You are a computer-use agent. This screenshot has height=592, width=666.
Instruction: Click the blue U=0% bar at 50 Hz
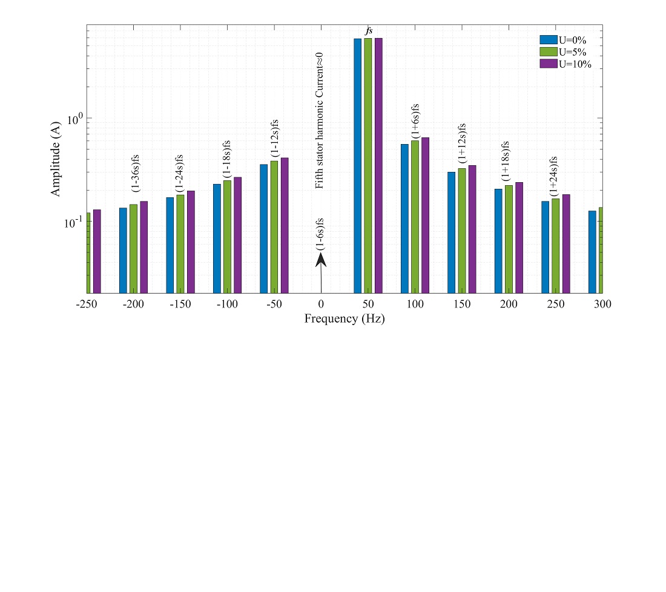click(357, 163)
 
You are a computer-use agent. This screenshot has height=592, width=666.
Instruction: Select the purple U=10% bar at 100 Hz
click(425, 215)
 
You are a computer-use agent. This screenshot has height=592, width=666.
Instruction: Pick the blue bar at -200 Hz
click(123, 250)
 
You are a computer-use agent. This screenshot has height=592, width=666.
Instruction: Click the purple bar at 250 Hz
click(566, 243)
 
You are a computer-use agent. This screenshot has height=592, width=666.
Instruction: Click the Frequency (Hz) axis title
click(344, 318)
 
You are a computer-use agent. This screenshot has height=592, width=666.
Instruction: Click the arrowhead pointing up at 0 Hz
click(321, 260)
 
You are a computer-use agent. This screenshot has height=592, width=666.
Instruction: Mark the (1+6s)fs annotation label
click(415, 121)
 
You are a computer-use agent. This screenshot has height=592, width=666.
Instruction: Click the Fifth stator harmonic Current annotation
click(320, 120)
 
